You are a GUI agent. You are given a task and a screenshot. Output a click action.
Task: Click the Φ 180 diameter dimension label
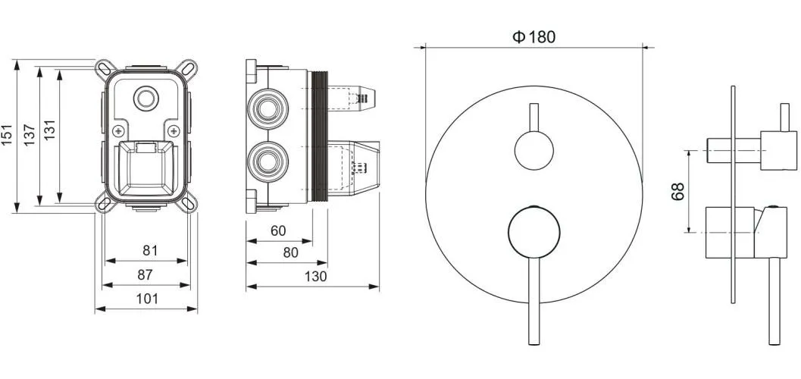[533, 37]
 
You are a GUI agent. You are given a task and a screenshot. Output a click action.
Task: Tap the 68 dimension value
[677, 192]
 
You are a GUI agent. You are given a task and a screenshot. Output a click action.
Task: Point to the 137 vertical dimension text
[29, 134]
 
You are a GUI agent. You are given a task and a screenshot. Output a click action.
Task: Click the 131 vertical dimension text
[49, 131]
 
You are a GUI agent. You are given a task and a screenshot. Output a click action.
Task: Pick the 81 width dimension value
[150, 250]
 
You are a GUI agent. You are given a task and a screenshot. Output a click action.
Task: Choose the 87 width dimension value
[145, 275]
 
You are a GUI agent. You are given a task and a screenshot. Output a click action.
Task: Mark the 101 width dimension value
[146, 299]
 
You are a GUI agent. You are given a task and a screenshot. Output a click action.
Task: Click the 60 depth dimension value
[278, 231]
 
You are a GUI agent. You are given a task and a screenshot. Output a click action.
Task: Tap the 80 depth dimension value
[290, 253]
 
